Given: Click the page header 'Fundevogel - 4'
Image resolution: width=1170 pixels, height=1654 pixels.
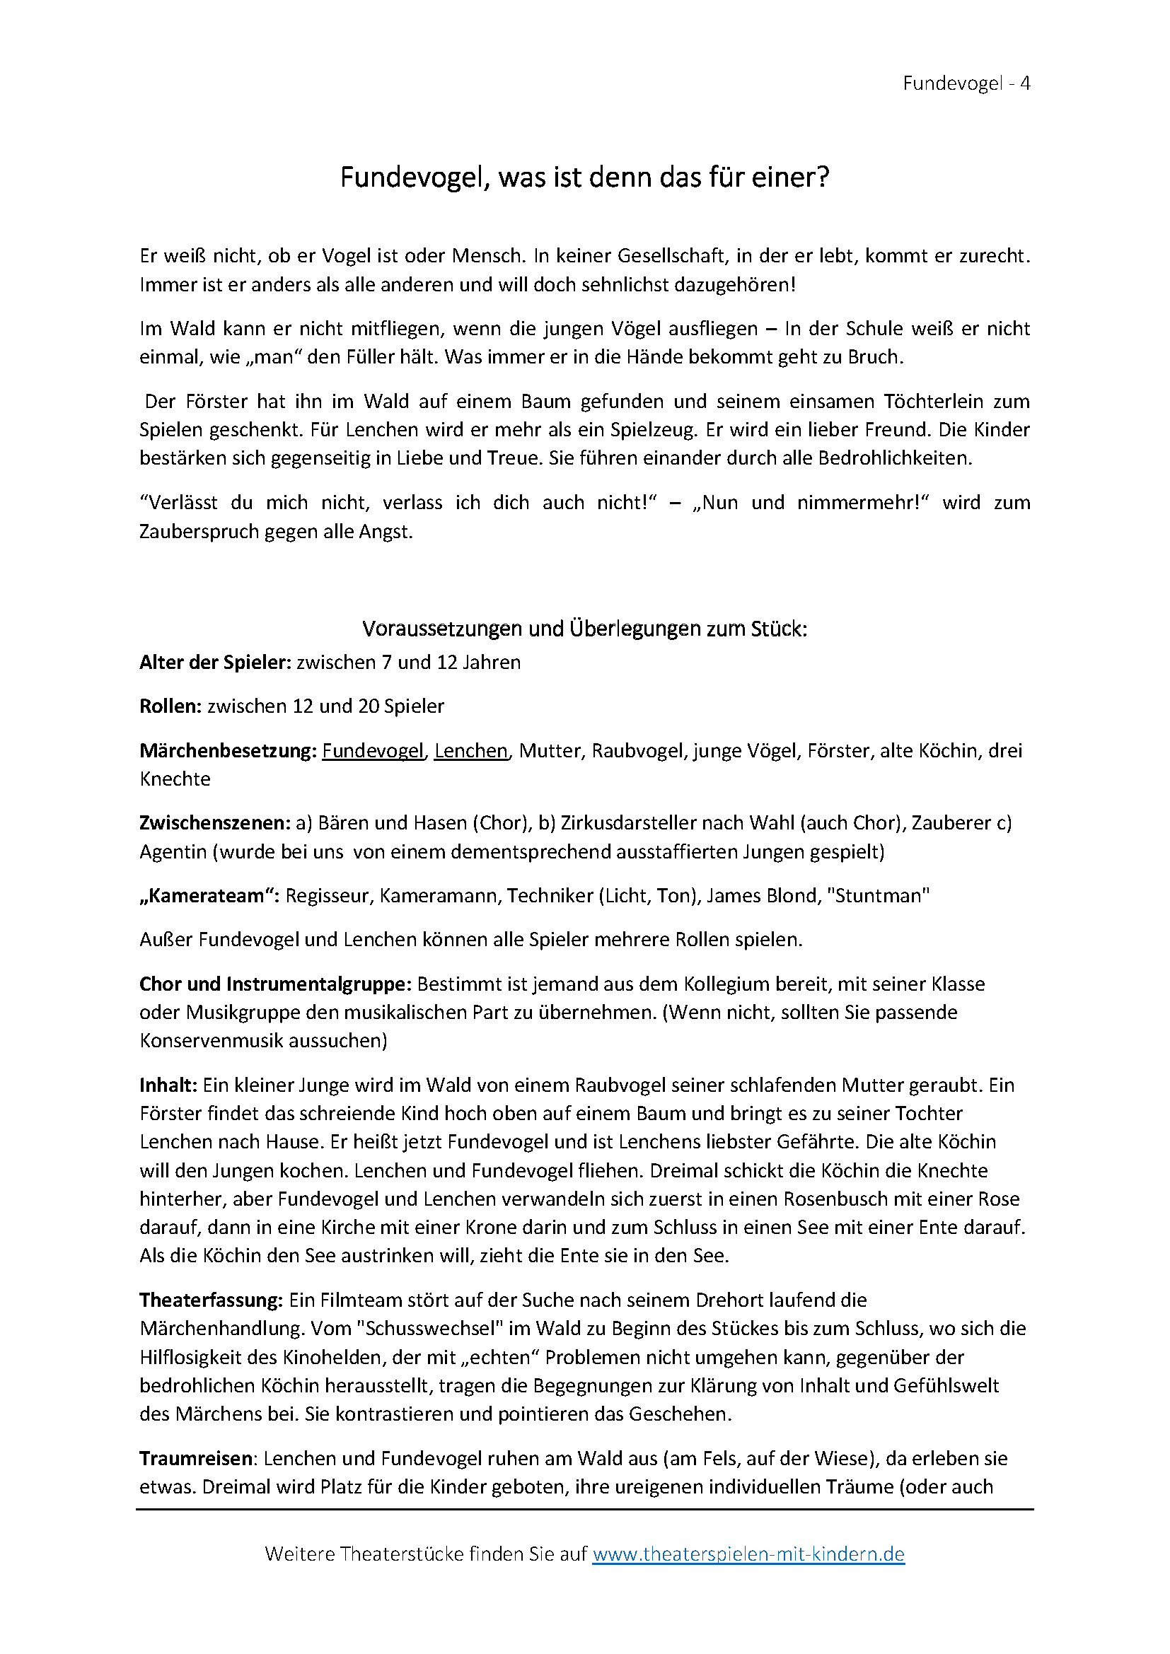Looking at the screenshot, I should click(x=966, y=83).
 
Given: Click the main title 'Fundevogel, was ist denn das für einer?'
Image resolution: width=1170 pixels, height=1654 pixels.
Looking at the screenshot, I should click(x=584, y=177).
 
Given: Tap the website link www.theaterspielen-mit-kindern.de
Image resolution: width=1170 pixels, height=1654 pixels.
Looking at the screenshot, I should click(x=748, y=1554).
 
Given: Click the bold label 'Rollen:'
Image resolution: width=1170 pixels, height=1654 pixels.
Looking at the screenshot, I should click(x=170, y=706).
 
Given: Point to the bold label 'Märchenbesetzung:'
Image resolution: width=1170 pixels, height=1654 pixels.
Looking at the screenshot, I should click(x=228, y=751).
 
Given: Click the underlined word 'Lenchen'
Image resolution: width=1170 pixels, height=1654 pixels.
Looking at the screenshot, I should click(x=471, y=751).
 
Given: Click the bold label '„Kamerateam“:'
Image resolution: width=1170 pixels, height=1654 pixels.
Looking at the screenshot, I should click(x=209, y=895).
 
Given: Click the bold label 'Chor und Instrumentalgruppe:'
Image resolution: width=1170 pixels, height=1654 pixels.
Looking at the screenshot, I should click(x=275, y=984).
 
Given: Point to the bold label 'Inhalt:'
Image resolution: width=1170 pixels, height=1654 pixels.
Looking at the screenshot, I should click(x=168, y=1085).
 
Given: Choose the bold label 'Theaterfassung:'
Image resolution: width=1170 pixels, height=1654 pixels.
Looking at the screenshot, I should click(x=211, y=1300).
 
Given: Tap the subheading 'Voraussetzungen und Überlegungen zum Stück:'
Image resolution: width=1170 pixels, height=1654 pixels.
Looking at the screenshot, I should click(x=584, y=629).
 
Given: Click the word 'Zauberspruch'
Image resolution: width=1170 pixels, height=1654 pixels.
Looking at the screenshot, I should click(x=199, y=532).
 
